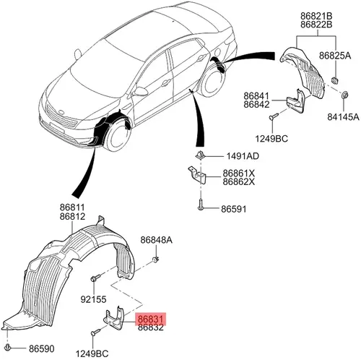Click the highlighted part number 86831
pyautogui.click(x=151, y=319)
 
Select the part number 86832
pyautogui.click(x=151, y=327)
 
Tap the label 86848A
pyautogui.click(x=157, y=240)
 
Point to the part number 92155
pyautogui.click(x=93, y=299)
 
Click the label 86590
pyautogui.click(x=42, y=348)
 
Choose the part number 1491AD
pyautogui.click(x=243, y=156)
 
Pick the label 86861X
pyautogui.click(x=238, y=173)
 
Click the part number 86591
pyautogui.click(x=234, y=209)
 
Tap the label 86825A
pyautogui.click(x=335, y=56)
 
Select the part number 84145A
pyautogui.click(x=343, y=117)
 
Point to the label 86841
pyautogui.click(x=256, y=96)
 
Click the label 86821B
pyautogui.click(x=316, y=16)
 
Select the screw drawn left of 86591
pyautogui.click(x=201, y=205)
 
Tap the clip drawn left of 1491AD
pyautogui.click(x=199, y=155)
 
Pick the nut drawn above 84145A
pyautogui.click(x=344, y=95)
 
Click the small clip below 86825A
pyautogui.click(x=335, y=80)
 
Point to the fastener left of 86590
pyautogui.click(x=8, y=347)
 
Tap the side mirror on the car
pyautogui.click(x=141, y=91)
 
